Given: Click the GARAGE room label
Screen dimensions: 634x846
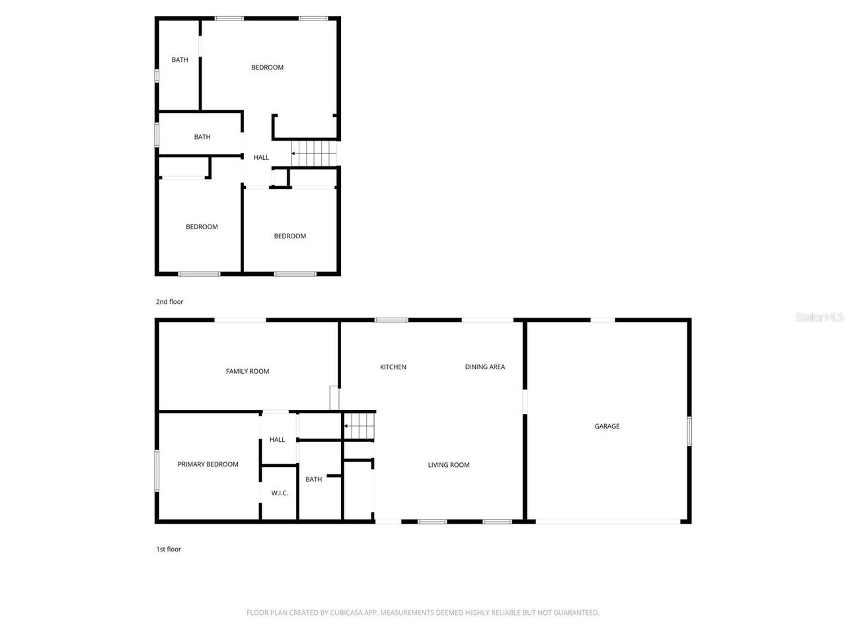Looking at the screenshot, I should (x=607, y=427).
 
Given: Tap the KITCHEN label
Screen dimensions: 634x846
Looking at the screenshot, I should (x=393, y=367).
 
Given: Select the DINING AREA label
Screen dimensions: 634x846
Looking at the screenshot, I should (x=485, y=367).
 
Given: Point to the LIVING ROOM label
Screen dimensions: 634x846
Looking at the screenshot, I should (x=449, y=465).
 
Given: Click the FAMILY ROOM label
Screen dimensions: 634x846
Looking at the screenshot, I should (x=248, y=371).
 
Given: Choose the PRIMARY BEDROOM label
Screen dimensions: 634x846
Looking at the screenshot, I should (x=208, y=464).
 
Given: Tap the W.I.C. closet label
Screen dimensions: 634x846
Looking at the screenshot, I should (x=280, y=493).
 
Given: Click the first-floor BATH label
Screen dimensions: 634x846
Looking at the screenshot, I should (x=314, y=479).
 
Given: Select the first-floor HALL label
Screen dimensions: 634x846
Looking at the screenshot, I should (x=278, y=440).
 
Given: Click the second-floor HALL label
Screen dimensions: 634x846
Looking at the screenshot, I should (x=262, y=158).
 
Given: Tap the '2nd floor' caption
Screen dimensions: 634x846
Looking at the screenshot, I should (x=170, y=302).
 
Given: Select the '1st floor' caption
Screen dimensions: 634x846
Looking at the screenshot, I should (x=169, y=549).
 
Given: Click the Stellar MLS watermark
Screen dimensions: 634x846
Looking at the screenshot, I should (x=820, y=318).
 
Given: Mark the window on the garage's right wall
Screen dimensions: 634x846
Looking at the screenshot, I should (x=689, y=431).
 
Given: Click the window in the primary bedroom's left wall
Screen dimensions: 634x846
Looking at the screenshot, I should (x=157, y=471).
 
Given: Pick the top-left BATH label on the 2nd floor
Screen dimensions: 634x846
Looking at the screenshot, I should (x=180, y=60).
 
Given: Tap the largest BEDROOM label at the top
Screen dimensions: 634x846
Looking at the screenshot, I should (x=268, y=67).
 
